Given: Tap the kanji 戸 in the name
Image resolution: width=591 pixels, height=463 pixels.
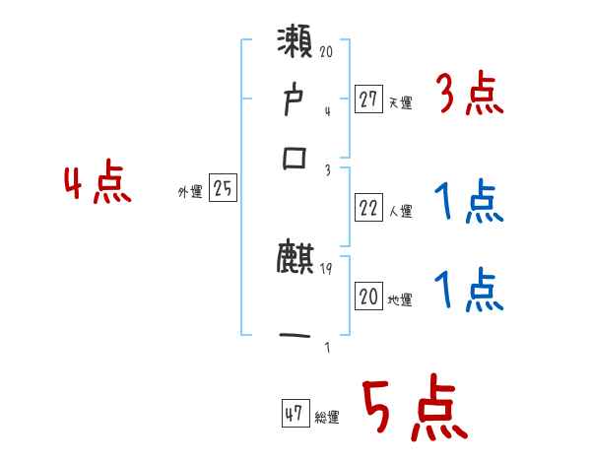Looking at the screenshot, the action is [295, 102].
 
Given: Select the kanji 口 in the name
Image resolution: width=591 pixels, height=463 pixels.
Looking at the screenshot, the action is [295, 159].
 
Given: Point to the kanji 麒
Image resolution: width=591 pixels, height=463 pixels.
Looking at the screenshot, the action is [295, 260].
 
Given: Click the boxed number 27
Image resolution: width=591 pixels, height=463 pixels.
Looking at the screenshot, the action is [368, 99].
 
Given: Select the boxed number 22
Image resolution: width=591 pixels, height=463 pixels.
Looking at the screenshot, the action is [368, 208].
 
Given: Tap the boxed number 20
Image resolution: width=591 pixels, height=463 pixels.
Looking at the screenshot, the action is [368, 298].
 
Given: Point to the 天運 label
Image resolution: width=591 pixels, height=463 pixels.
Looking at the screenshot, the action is [400, 101].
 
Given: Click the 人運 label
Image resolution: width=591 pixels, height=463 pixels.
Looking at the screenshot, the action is [400, 211].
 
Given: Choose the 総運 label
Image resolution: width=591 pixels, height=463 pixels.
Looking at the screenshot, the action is [327, 418].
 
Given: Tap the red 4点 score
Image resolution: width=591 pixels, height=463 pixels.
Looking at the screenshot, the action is [97, 185].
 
